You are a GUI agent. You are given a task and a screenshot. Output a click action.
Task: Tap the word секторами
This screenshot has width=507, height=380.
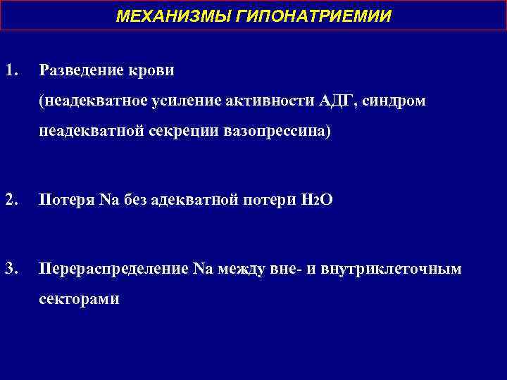[80, 299]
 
